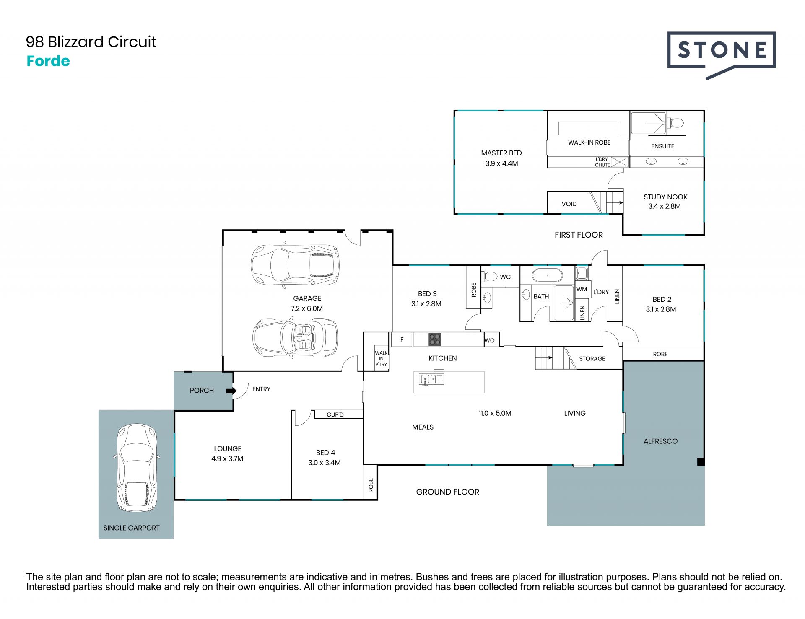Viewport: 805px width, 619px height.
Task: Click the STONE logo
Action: point(722,54)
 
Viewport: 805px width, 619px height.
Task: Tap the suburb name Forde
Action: point(48,61)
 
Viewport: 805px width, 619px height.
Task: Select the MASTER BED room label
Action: point(501,153)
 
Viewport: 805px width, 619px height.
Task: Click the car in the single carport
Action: point(136,468)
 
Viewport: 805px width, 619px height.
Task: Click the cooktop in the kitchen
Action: point(435,339)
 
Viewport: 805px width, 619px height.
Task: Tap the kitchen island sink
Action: point(431,379)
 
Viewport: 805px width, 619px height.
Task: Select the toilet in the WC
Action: point(489,277)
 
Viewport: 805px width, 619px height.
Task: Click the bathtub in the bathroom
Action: point(547,275)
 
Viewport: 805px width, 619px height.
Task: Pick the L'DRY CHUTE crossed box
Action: point(620,162)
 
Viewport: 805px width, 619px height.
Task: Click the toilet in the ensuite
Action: point(675,123)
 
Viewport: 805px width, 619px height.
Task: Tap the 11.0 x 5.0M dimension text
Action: point(495,413)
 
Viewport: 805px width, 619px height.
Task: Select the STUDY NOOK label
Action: point(665,197)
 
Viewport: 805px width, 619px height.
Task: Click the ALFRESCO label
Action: point(660,441)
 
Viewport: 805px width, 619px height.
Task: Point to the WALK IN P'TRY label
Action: point(381,359)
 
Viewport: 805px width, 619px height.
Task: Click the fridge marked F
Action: point(402,339)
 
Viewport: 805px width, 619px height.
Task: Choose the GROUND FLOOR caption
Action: point(447,492)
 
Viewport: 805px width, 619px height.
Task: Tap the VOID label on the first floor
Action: point(569,204)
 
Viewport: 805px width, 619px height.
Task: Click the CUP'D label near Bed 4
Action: point(335,415)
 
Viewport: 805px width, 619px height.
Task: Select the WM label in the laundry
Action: point(582,289)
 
